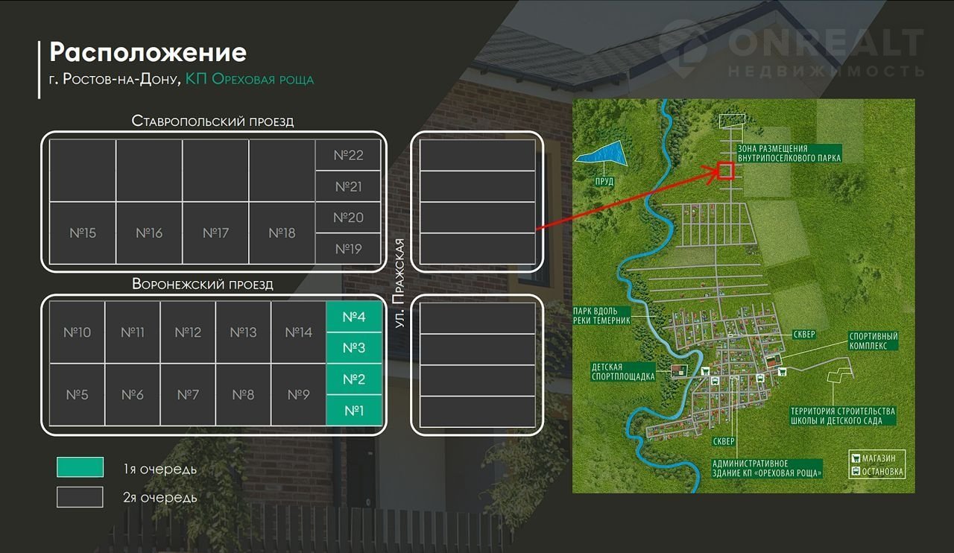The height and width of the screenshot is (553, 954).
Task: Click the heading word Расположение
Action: coord(148,53)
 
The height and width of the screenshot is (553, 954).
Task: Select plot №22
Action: coord(348,155)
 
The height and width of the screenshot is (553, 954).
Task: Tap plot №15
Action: coord(83,233)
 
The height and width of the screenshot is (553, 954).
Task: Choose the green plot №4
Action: coord(354,317)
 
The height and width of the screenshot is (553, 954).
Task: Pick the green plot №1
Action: coord(354,410)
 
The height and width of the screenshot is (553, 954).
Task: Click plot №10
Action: coord(78,332)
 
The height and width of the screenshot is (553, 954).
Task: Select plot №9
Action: coord(298,394)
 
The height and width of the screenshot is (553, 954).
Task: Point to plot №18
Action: coord(282,233)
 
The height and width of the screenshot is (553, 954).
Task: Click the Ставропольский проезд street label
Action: coord(212,121)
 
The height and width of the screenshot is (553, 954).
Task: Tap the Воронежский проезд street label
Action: coord(203,284)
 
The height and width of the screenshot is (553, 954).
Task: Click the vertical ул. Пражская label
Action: coord(399,283)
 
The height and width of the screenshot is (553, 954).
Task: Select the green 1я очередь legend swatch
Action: coord(80,467)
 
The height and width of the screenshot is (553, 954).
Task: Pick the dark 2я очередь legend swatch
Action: coord(80,496)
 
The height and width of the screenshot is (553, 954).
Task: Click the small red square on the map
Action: coord(726,171)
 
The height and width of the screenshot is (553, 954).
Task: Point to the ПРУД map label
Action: coord(604,181)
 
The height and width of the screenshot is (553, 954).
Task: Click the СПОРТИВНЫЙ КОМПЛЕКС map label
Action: coord(874,341)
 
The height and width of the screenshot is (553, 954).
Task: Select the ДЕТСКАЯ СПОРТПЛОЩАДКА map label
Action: coord(622,372)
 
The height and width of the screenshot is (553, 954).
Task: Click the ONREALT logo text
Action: coord(825,43)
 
